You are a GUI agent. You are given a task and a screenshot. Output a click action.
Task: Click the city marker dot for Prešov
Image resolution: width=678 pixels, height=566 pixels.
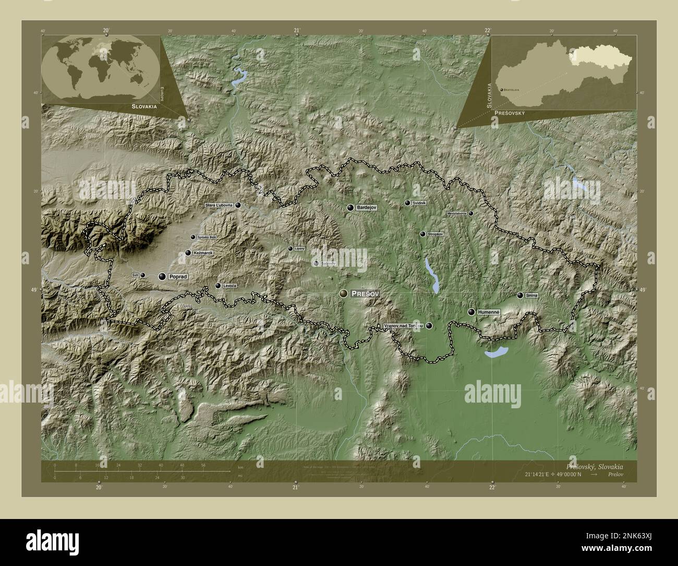coord(343,294)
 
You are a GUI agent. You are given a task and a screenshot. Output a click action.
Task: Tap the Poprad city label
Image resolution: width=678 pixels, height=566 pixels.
coord(177,277)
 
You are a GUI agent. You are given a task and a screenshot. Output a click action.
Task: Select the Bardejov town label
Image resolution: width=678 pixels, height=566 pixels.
coord(366,208)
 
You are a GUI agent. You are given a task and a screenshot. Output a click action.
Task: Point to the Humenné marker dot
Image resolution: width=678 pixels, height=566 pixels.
coord(471,312)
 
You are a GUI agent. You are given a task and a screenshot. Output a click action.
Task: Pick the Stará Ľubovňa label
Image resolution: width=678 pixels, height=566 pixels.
coord(219,206)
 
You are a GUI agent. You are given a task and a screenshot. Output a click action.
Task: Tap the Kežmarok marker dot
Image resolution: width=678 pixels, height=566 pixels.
coord(188,253)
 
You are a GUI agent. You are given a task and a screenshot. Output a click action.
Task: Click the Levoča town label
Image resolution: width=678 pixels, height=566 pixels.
coord(229,286)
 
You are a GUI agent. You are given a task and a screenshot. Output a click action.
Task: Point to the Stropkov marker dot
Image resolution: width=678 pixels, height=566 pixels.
coord(422,234)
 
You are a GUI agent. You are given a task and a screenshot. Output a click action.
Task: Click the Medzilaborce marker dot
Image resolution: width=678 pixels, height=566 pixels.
coord(470,214)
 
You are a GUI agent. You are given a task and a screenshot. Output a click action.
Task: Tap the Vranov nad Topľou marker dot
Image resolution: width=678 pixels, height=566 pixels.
coord(429,326)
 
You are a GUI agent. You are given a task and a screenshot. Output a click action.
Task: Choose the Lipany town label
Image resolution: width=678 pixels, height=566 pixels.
coord(299,249)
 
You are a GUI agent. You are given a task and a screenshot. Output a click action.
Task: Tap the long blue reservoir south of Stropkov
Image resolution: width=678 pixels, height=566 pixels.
coord(431,274)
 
